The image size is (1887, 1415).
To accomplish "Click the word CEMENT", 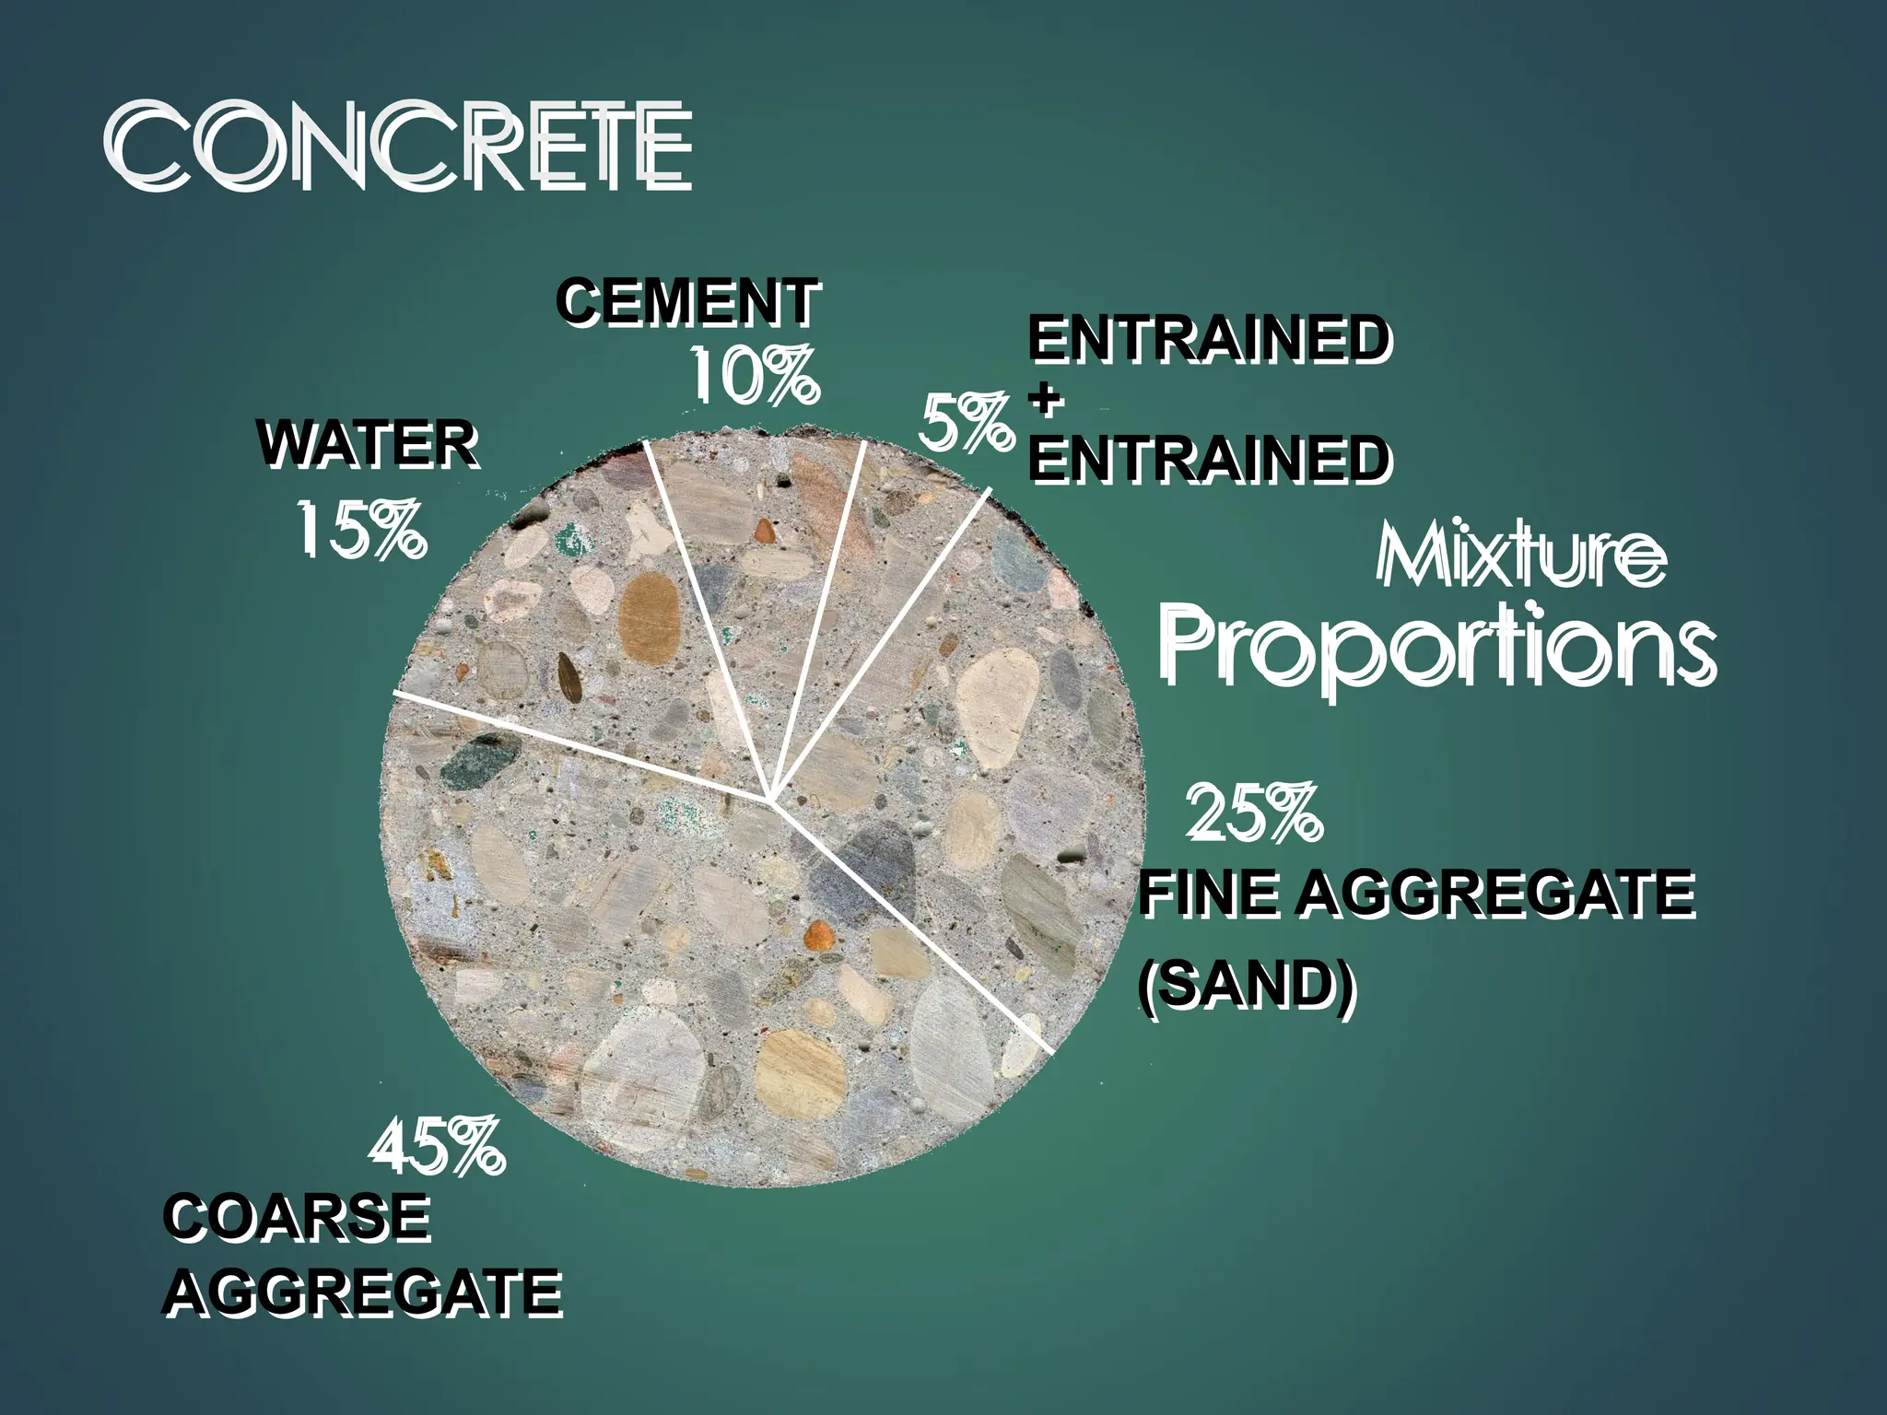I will click(688, 302).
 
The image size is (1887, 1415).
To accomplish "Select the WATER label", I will click(369, 446).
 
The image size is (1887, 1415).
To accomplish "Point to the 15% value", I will click(361, 530).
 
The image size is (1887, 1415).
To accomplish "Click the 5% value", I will click(966, 424).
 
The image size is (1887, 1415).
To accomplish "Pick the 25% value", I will click(1253, 813).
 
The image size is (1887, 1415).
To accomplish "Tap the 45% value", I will click(437, 1146).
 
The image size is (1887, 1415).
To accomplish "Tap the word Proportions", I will click(1437, 645).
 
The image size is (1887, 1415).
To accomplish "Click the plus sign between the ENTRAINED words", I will click(1044, 402).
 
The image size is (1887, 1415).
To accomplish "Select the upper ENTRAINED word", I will click(1209, 341).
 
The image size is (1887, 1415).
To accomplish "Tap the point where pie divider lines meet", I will click(770, 800).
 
